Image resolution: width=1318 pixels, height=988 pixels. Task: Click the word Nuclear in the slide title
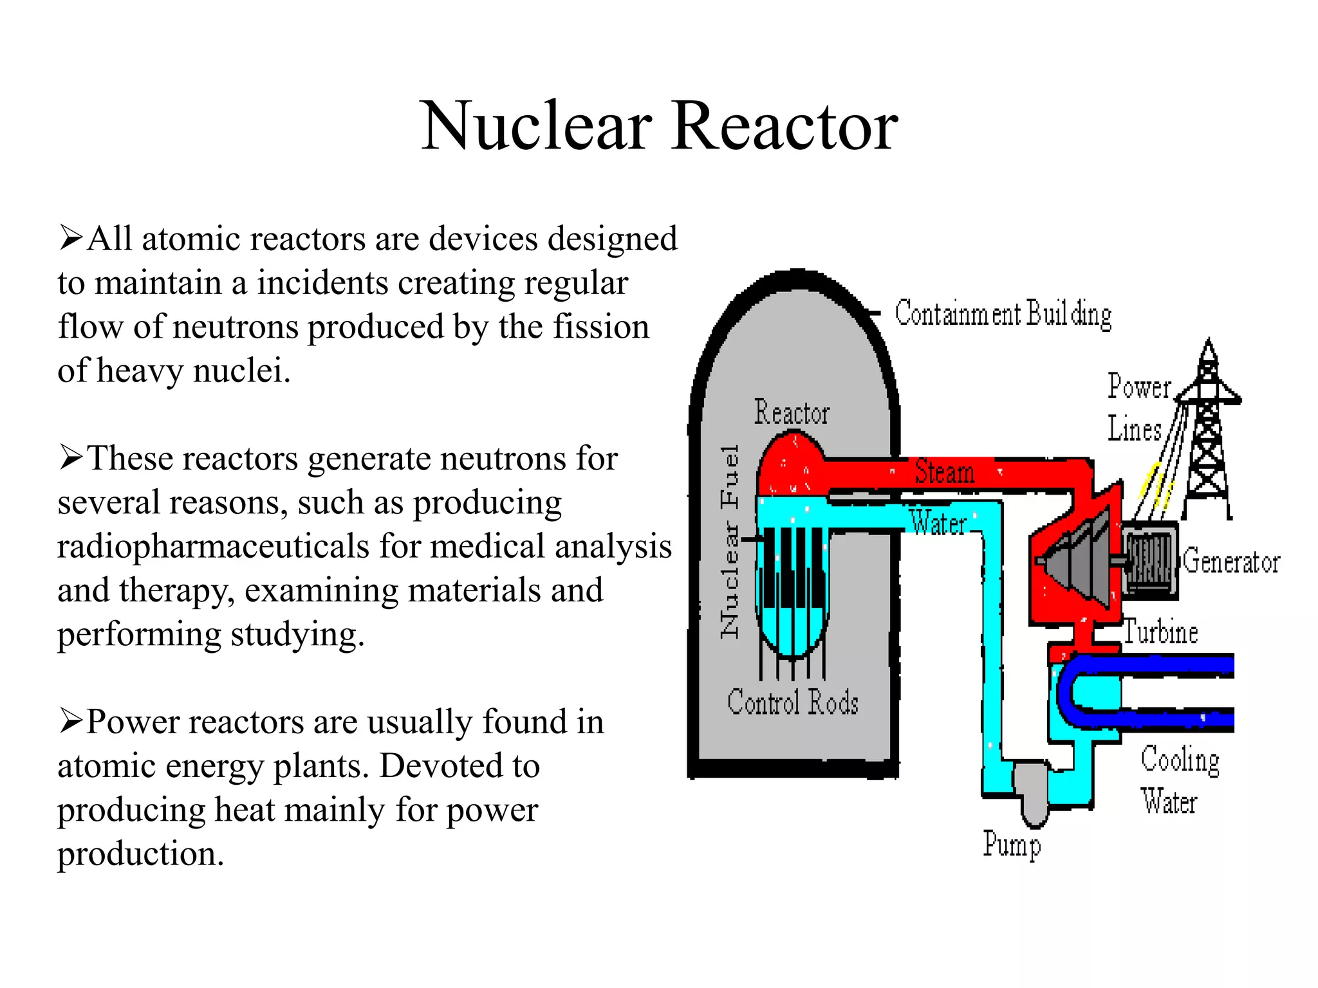pos(536,127)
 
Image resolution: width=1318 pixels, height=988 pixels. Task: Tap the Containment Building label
pos(1003,314)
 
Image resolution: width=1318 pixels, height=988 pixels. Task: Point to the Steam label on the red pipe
pos(944,471)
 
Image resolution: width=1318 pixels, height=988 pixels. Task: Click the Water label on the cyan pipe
pos(938,523)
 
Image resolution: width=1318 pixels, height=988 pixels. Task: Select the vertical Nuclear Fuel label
pos(729,542)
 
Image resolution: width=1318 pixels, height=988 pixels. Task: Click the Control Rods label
pos(793,702)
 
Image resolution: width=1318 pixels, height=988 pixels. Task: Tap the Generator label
pos(1231,561)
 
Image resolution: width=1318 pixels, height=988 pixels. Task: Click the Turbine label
pos(1160,632)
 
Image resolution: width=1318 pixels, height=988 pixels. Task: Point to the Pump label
pos(1011,844)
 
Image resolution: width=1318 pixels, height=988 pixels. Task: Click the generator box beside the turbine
pos(1150,558)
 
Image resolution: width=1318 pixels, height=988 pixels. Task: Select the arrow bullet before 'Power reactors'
pos(70,721)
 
